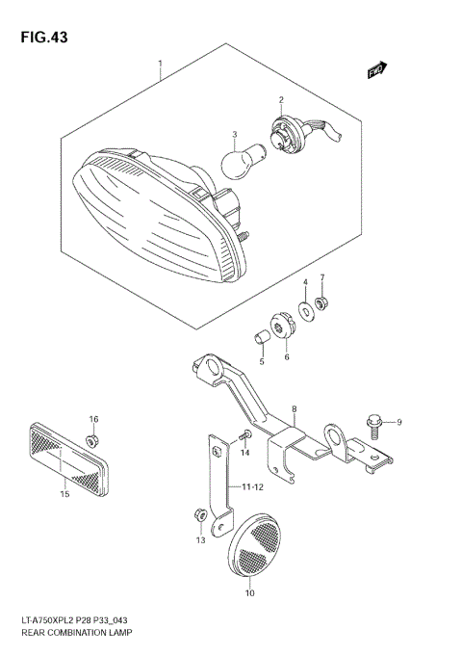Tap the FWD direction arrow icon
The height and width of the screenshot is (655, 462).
(x=376, y=69)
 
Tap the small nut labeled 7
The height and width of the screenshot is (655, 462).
(x=324, y=305)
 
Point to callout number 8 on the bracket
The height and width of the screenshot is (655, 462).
(x=295, y=409)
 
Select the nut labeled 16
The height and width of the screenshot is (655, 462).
(x=92, y=439)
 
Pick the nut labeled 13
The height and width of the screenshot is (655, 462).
(x=196, y=516)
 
